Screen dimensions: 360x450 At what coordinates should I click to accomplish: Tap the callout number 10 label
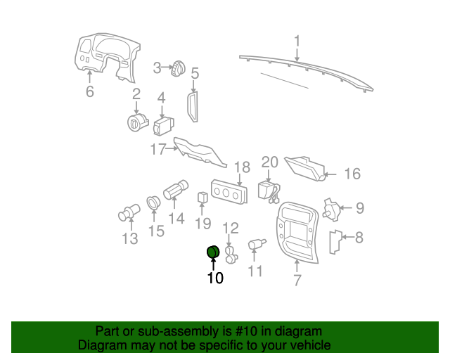(214, 278)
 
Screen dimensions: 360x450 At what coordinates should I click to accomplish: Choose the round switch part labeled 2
(136, 122)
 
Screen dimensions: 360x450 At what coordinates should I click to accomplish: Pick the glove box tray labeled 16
(307, 167)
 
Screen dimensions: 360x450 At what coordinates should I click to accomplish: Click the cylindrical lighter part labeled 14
(174, 191)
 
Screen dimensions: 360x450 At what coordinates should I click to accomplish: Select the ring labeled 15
(154, 204)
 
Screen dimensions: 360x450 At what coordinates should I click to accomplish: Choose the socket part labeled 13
(128, 212)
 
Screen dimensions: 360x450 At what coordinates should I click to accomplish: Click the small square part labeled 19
(202, 198)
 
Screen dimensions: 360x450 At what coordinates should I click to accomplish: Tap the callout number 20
(270, 162)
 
